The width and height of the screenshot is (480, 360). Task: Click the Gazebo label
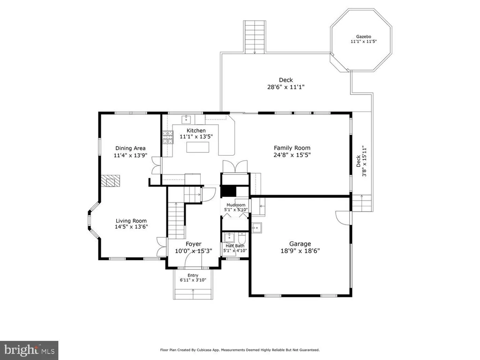click(363, 37)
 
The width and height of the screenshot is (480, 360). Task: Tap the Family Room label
click(292, 148)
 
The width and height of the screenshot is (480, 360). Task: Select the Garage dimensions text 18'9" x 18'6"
click(300, 251)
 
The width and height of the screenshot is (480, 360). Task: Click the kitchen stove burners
click(168, 137)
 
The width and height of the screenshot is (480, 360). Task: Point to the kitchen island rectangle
click(198, 147)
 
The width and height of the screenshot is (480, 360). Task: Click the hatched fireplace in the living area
click(111, 180)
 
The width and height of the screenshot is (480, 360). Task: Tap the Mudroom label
click(236, 205)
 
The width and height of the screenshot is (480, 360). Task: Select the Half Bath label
click(235, 246)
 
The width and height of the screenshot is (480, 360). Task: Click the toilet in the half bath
click(242, 238)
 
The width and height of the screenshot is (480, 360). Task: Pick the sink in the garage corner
click(257, 228)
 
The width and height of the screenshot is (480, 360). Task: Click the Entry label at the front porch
click(193, 275)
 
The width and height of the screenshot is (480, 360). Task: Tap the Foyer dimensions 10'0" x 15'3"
click(194, 251)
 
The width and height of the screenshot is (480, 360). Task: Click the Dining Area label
click(130, 148)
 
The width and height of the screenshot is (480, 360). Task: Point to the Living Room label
click(131, 221)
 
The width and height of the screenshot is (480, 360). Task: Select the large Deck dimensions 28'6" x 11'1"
click(286, 87)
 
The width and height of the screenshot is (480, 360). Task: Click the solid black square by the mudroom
click(229, 191)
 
